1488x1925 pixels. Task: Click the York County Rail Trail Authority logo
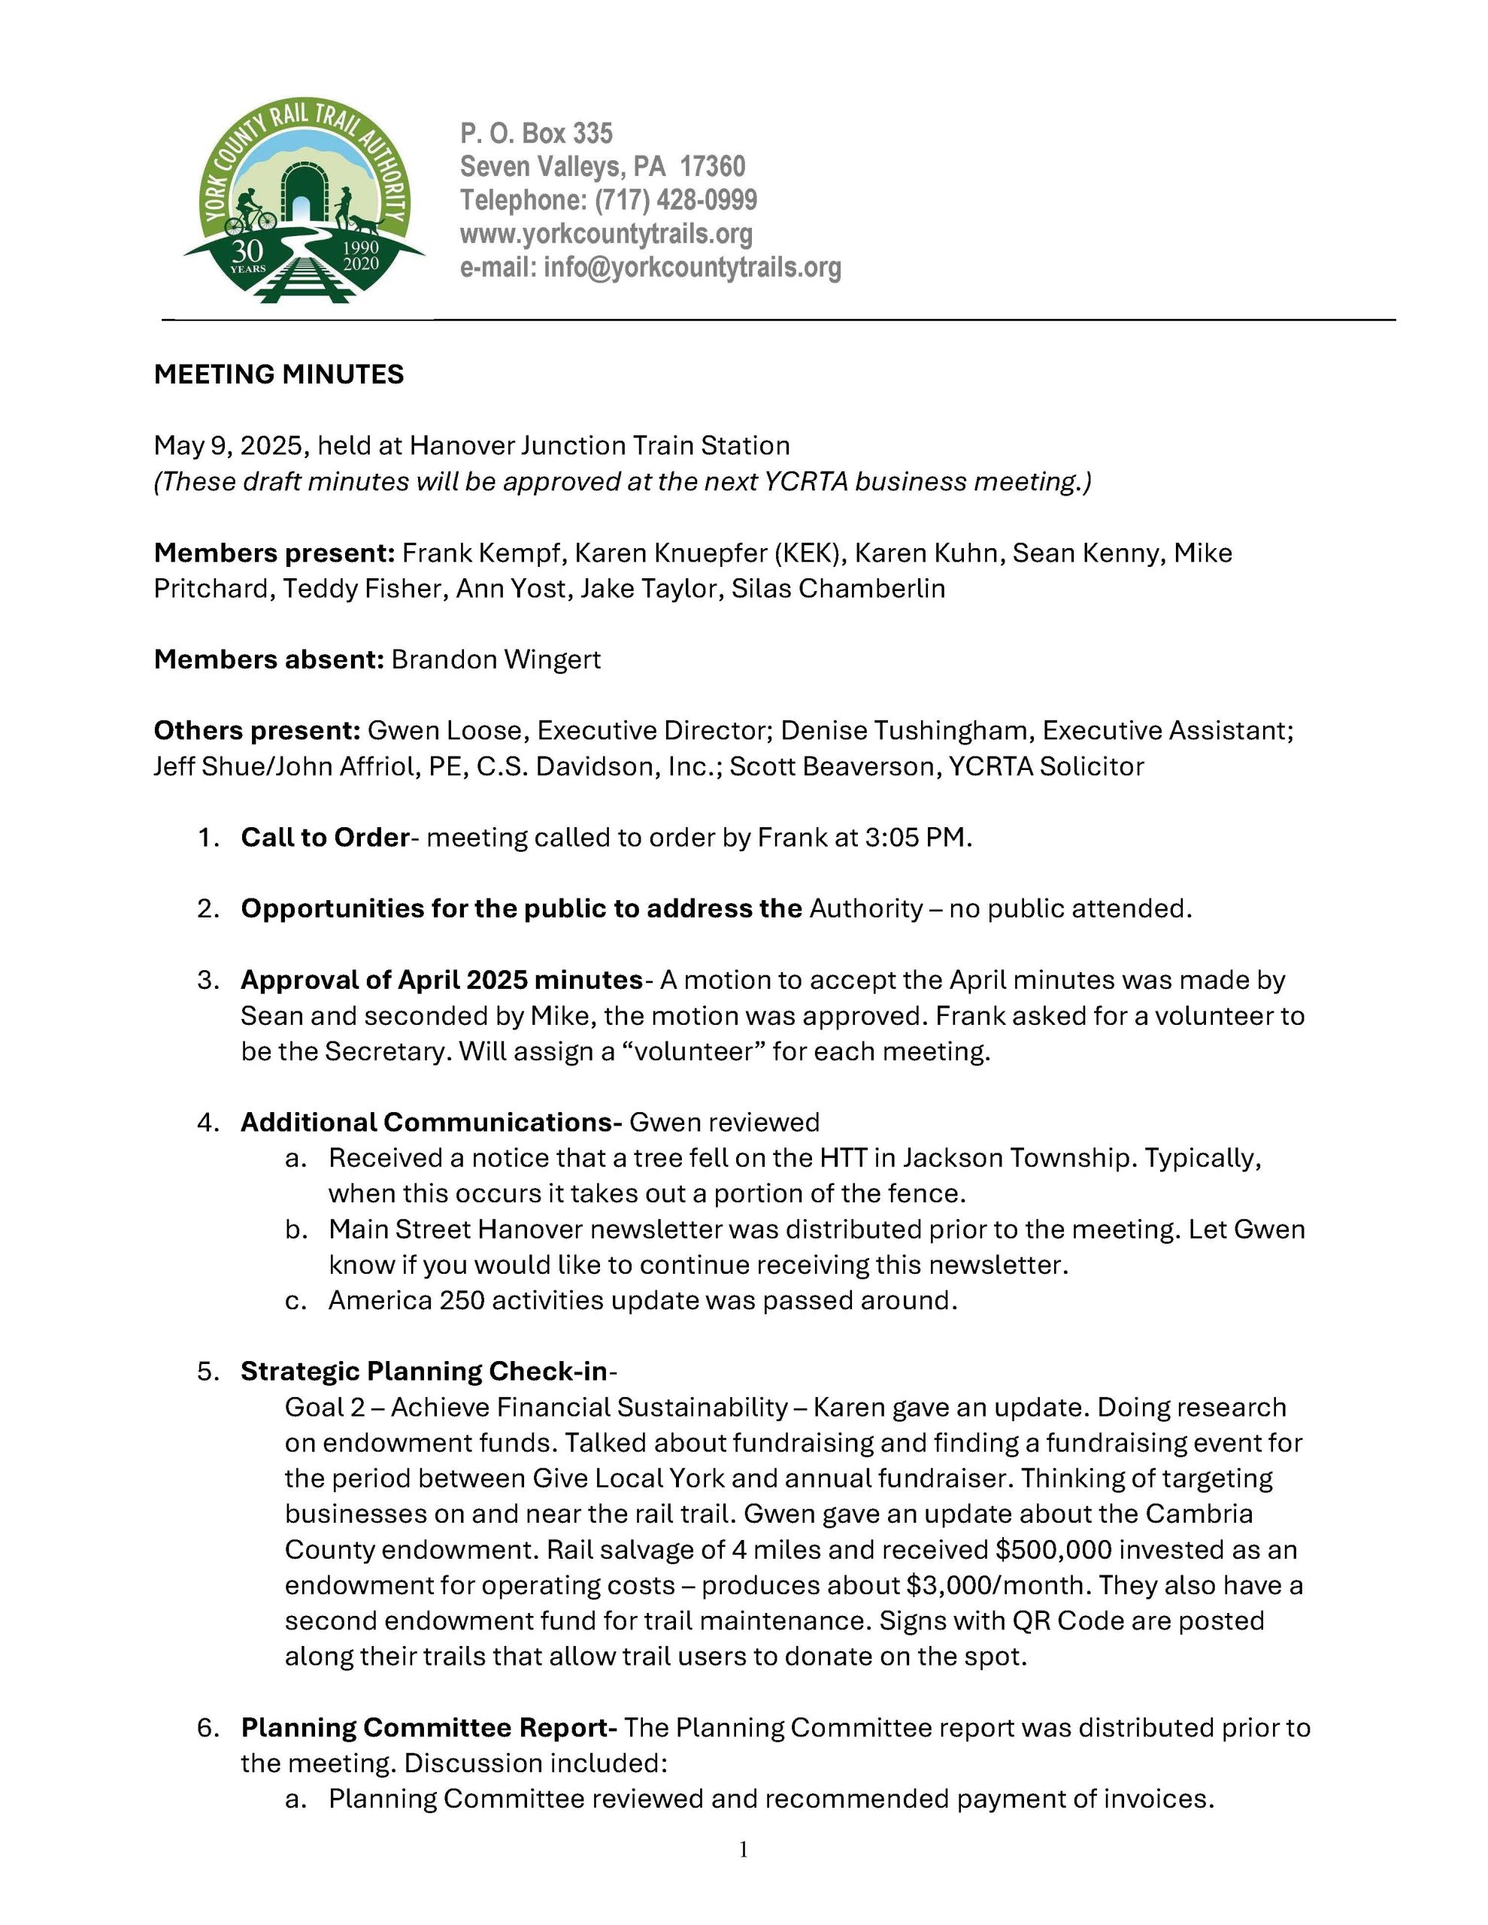coord(304,201)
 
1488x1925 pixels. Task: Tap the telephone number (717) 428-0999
coord(675,200)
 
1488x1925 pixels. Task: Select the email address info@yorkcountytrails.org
coord(692,267)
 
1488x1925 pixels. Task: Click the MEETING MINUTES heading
coord(278,374)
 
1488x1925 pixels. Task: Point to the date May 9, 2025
coord(231,446)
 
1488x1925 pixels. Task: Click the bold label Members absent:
coord(269,659)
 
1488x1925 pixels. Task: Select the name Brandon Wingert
coord(496,659)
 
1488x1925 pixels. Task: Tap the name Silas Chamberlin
coord(838,588)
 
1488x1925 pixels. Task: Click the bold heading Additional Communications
coord(431,1122)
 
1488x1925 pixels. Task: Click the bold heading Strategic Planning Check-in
coord(424,1372)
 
